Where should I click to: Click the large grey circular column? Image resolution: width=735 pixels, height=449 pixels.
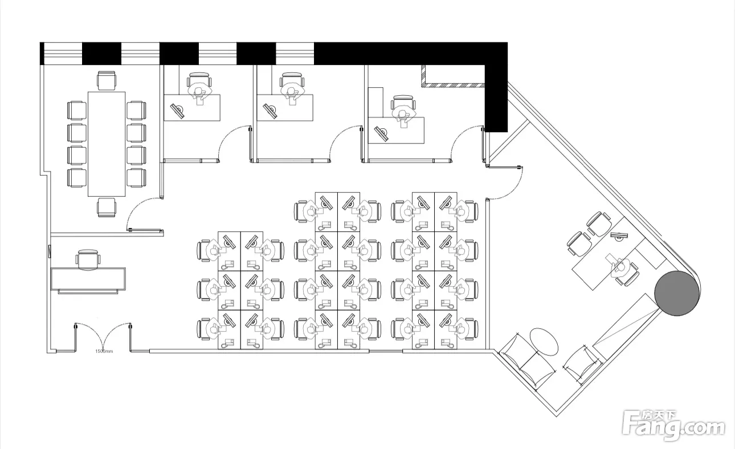click(x=676, y=292)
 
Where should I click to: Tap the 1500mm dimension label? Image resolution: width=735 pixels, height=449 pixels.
click(x=104, y=352)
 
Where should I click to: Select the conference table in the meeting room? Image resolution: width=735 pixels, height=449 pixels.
click(x=106, y=144)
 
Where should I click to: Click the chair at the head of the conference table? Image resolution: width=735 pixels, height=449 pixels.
click(x=106, y=80)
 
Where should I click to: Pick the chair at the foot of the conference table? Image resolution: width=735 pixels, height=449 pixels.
click(x=106, y=207)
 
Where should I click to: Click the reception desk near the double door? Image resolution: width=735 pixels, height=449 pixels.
click(x=88, y=279)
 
